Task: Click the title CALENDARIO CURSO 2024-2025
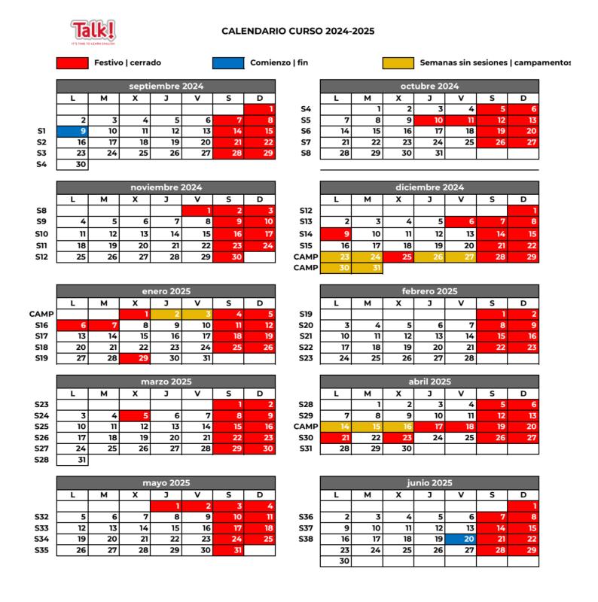click(297, 32)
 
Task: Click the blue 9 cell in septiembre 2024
click(73, 131)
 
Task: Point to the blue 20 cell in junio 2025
click(461, 539)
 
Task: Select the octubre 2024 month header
click(429, 87)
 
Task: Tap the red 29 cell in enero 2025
click(136, 358)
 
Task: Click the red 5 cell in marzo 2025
click(136, 415)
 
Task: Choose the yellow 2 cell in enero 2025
click(166, 314)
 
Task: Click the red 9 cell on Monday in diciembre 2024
click(336, 234)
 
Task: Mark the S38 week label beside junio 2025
click(305, 539)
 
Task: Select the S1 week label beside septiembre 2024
click(42, 131)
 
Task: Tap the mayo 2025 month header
click(166, 482)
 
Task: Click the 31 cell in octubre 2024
click(429, 154)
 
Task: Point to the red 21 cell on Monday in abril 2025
click(336, 438)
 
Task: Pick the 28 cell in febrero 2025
click(461, 358)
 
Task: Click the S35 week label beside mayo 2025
click(42, 550)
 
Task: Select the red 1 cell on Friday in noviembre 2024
click(197, 211)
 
